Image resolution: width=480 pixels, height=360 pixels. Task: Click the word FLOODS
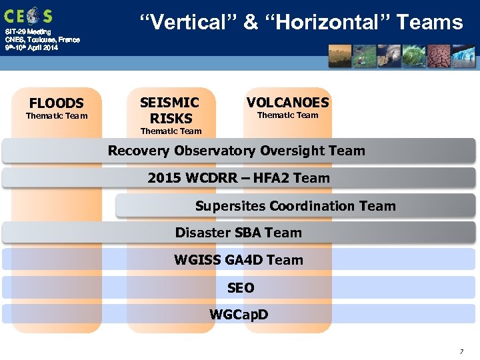tap(57, 103)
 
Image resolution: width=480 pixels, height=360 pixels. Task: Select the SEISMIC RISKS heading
tap(171, 111)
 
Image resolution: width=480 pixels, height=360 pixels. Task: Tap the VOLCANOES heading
tap(287, 103)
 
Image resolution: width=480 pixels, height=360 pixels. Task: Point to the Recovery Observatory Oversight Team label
tap(237, 151)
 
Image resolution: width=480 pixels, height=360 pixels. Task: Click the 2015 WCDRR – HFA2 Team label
tap(239, 178)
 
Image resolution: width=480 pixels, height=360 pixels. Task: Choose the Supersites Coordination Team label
tap(295, 206)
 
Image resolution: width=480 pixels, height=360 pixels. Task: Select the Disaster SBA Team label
tap(238, 233)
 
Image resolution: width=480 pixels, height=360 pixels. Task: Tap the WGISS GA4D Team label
tap(238, 260)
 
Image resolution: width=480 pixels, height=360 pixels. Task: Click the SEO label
tap(240, 288)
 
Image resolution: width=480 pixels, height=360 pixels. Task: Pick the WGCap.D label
tap(239, 314)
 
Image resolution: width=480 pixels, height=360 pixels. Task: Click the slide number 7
tap(461, 351)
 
